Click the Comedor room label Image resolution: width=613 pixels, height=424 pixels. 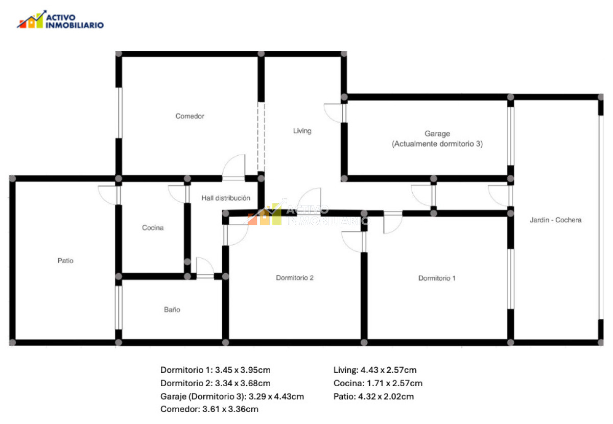190,116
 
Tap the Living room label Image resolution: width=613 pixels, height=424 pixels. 302,131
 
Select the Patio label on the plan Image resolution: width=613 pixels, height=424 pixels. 65,261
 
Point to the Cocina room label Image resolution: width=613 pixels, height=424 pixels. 153,228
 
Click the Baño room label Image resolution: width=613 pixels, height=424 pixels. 172,310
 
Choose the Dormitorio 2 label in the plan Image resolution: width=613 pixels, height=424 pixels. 294,278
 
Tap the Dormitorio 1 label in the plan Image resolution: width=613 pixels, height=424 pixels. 437,278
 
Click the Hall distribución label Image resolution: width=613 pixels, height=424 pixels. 225,198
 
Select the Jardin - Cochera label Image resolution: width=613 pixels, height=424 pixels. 555,220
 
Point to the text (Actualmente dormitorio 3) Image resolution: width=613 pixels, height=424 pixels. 437,144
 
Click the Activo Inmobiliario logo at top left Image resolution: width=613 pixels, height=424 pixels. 60,20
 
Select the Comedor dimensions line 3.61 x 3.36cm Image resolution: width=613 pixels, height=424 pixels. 209,409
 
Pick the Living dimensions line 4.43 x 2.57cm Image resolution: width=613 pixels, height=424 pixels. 375,370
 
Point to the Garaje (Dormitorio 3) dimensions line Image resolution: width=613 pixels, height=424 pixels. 232,396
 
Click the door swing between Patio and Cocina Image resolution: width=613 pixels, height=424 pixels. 108,195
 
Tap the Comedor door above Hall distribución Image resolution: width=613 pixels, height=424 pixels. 234,167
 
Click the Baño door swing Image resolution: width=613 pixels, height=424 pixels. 205,266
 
